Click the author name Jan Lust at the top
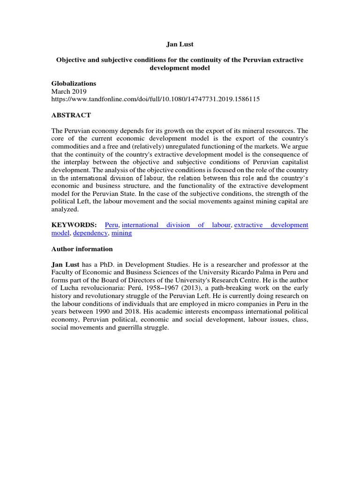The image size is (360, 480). [x=180, y=45]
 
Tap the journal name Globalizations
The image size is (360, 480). [x=74, y=83]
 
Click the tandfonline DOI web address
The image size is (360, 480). [x=156, y=99]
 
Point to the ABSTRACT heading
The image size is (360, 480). [x=71, y=115]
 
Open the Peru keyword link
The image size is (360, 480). [x=112, y=225]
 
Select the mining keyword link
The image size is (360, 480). [x=121, y=233]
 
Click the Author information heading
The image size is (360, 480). [x=82, y=249]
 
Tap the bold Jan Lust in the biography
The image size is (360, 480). [x=66, y=265]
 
